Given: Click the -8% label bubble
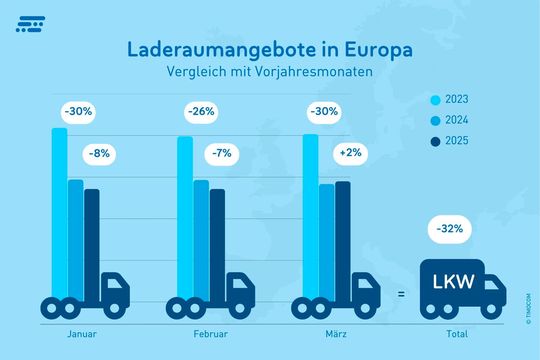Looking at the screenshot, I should point(99,154).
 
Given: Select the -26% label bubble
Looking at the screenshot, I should point(201,112).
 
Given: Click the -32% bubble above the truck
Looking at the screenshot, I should point(450,229).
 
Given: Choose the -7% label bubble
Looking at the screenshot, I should point(224,154).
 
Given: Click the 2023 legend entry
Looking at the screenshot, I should point(446,99).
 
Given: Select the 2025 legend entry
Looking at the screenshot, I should point(446,139).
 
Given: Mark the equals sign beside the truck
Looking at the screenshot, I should point(400,294).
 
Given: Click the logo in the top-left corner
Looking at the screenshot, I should point(29,23).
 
